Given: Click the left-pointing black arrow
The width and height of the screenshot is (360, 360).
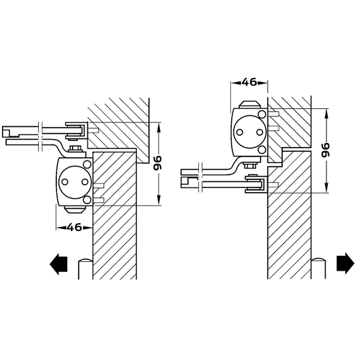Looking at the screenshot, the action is click(x=58, y=264).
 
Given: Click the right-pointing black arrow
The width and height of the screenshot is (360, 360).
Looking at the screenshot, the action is click(x=345, y=263).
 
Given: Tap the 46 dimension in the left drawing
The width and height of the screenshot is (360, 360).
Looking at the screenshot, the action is click(x=75, y=227).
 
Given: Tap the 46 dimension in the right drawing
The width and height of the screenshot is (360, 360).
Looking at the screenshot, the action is click(x=249, y=82).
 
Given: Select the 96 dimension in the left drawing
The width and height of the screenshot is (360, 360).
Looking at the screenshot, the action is click(x=158, y=163).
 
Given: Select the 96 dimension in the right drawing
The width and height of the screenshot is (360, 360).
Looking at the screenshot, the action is click(x=325, y=150).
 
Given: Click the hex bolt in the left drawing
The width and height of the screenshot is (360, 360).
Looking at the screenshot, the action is click(x=75, y=148).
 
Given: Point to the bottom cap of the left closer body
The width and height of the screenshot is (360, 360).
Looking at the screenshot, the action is click(x=75, y=210).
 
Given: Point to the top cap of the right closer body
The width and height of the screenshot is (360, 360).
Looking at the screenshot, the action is click(x=250, y=105).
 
